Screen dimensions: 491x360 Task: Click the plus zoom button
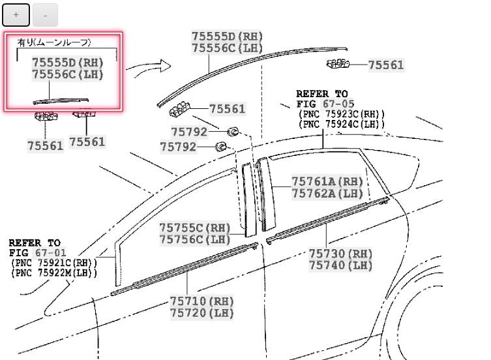[16, 14]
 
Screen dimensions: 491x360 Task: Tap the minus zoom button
[45, 14]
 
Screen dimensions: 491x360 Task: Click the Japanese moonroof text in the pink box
[54, 43]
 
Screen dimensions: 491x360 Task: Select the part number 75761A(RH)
[327, 181]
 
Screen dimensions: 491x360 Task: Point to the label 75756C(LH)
[196, 239]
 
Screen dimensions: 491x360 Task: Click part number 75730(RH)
[340, 253]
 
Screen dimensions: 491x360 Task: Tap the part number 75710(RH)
[202, 301]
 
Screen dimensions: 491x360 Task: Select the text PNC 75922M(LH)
[54, 273]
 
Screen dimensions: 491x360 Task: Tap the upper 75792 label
[188, 132]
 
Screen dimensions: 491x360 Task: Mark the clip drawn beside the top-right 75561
[337, 63]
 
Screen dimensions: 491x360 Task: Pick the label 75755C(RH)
[196, 228]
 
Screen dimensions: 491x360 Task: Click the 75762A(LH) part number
[327, 193]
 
